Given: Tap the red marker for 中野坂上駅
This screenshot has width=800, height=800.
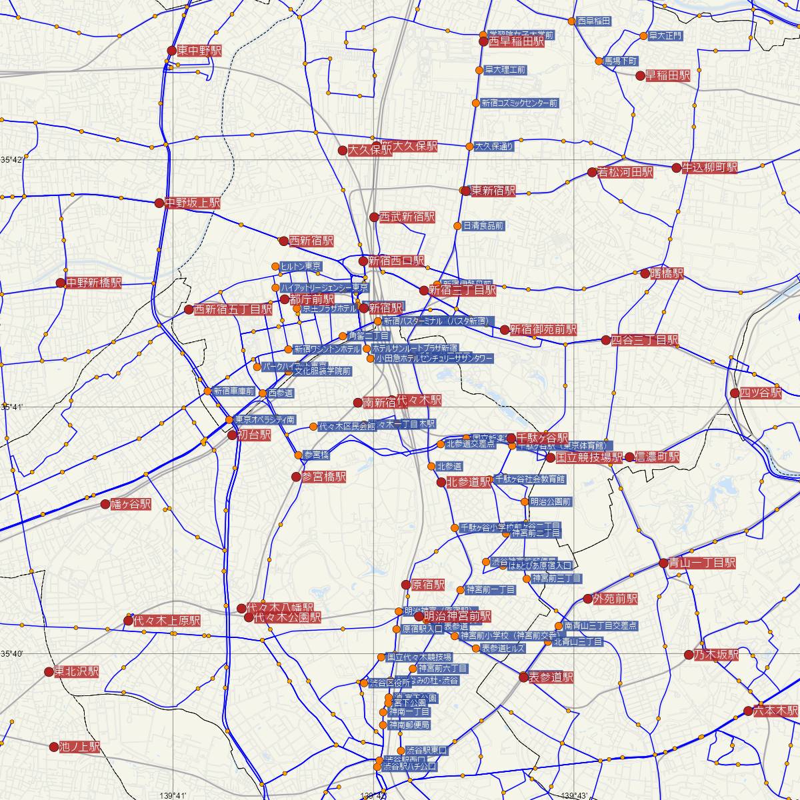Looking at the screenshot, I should (x=159, y=203).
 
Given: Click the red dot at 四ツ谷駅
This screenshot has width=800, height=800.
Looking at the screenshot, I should (x=735, y=393).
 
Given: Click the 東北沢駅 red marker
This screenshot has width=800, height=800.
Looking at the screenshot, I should (x=49, y=672).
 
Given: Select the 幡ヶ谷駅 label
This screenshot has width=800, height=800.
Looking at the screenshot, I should (x=131, y=505).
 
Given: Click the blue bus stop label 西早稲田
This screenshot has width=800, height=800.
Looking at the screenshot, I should (x=593, y=21).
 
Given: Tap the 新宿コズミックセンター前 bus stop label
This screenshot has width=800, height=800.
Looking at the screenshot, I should (x=519, y=103).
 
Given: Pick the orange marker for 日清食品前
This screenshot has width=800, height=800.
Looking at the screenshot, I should (x=457, y=226).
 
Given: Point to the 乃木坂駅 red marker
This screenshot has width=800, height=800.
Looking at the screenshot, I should (x=689, y=655).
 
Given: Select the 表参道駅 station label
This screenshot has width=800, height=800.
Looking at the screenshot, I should (x=551, y=677).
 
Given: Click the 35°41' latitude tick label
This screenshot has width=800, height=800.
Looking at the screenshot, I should (x=12, y=407).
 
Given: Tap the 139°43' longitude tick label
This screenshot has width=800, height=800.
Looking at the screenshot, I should (x=574, y=795).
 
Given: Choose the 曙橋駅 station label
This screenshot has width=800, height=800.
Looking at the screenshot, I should (x=667, y=274).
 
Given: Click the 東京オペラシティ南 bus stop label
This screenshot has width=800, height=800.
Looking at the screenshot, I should (x=264, y=420).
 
